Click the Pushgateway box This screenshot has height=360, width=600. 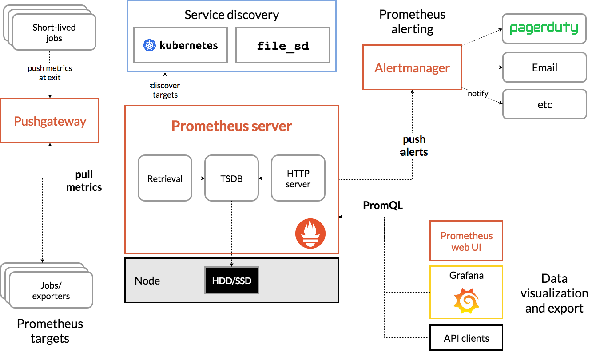pos(50,121)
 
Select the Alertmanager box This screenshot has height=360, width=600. pos(412,67)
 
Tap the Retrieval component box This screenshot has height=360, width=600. pos(165,178)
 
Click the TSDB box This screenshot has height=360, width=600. pos(231,178)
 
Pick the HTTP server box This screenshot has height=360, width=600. pos(298,178)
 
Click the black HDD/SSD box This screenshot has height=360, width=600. pos(231,281)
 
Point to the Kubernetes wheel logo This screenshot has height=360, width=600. pos(149,45)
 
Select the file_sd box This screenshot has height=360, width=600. pos(282,45)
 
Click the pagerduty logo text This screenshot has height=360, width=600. pos(544,28)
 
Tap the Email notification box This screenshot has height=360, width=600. pos(544,68)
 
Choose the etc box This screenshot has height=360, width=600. pos(544,104)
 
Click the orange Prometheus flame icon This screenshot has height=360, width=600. pos(310,233)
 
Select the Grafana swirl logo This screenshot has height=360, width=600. pos(466,300)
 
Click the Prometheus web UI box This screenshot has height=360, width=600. pos(466,241)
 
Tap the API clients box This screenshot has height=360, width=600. pos(466,338)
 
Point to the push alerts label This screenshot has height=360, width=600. pos(414,146)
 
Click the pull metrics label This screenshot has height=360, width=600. pos(84,181)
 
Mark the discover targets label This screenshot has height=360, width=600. pos(165,90)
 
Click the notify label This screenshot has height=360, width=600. pos(478,93)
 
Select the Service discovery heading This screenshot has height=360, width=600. pos(231,15)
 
